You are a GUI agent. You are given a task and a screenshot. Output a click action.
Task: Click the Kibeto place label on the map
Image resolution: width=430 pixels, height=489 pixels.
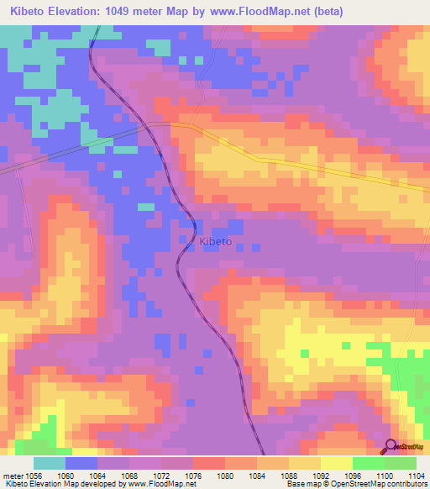216,242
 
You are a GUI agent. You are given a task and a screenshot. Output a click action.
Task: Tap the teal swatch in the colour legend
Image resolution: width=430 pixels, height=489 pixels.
49,463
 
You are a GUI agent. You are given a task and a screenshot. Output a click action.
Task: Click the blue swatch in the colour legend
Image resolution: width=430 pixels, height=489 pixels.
81,463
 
